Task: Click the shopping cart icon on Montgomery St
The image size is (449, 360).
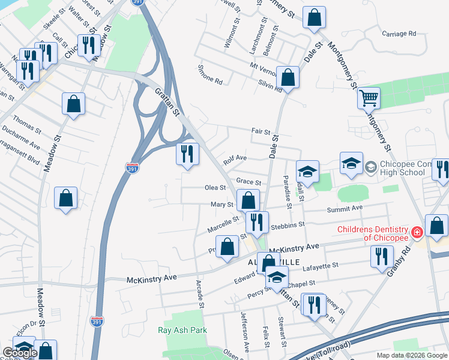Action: tap(368, 97)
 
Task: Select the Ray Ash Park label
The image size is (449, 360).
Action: tap(182, 330)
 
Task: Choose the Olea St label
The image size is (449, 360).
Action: tap(215, 187)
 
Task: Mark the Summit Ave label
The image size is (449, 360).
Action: tap(345, 208)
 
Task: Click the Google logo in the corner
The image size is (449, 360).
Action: tap(20, 353)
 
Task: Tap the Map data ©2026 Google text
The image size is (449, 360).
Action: tap(411, 355)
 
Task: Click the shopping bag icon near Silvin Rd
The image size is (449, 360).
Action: tap(288, 77)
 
